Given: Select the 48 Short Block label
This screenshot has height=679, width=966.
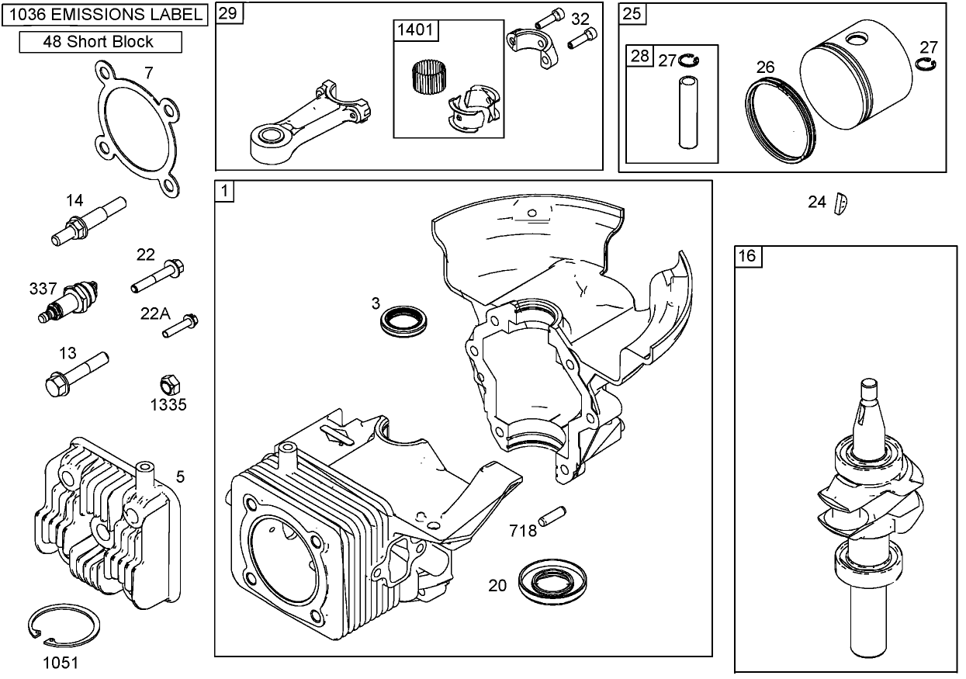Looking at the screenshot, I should coord(100,42).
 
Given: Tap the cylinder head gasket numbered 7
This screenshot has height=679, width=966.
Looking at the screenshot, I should coord(137,128).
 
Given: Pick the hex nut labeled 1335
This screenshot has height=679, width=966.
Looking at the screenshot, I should coord(168,383).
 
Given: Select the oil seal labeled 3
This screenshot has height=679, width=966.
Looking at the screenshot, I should coord(404,320).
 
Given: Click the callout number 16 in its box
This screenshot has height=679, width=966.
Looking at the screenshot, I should coord(746,256).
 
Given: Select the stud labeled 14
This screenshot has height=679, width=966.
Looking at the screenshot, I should coord(87,220).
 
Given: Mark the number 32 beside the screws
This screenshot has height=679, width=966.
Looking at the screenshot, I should coord(580,19).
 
